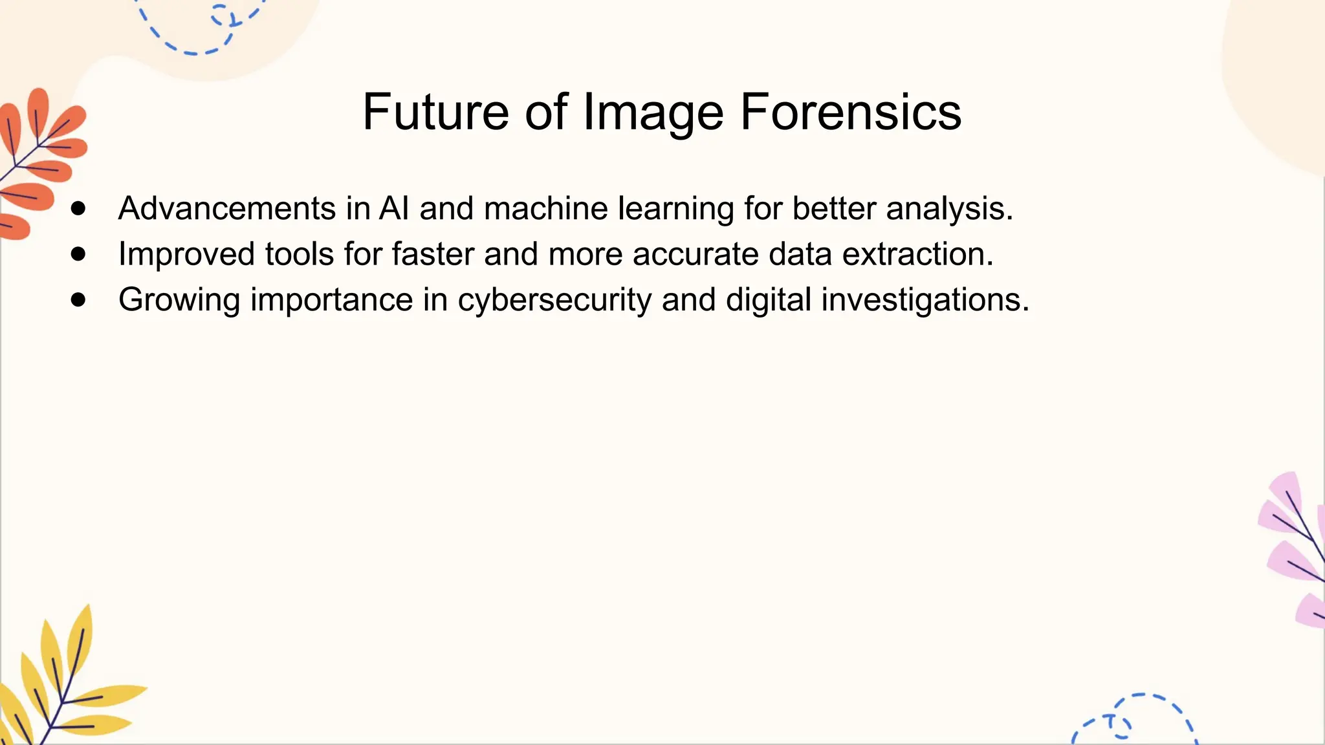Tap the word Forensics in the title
click(850, 113)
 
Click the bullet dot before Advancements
click(79, 208)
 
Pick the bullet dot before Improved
click(79, 254)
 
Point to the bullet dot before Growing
click(79, 299)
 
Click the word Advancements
click(226, 209)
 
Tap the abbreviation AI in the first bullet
click(394, 209)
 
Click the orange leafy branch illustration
click(39, 162)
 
